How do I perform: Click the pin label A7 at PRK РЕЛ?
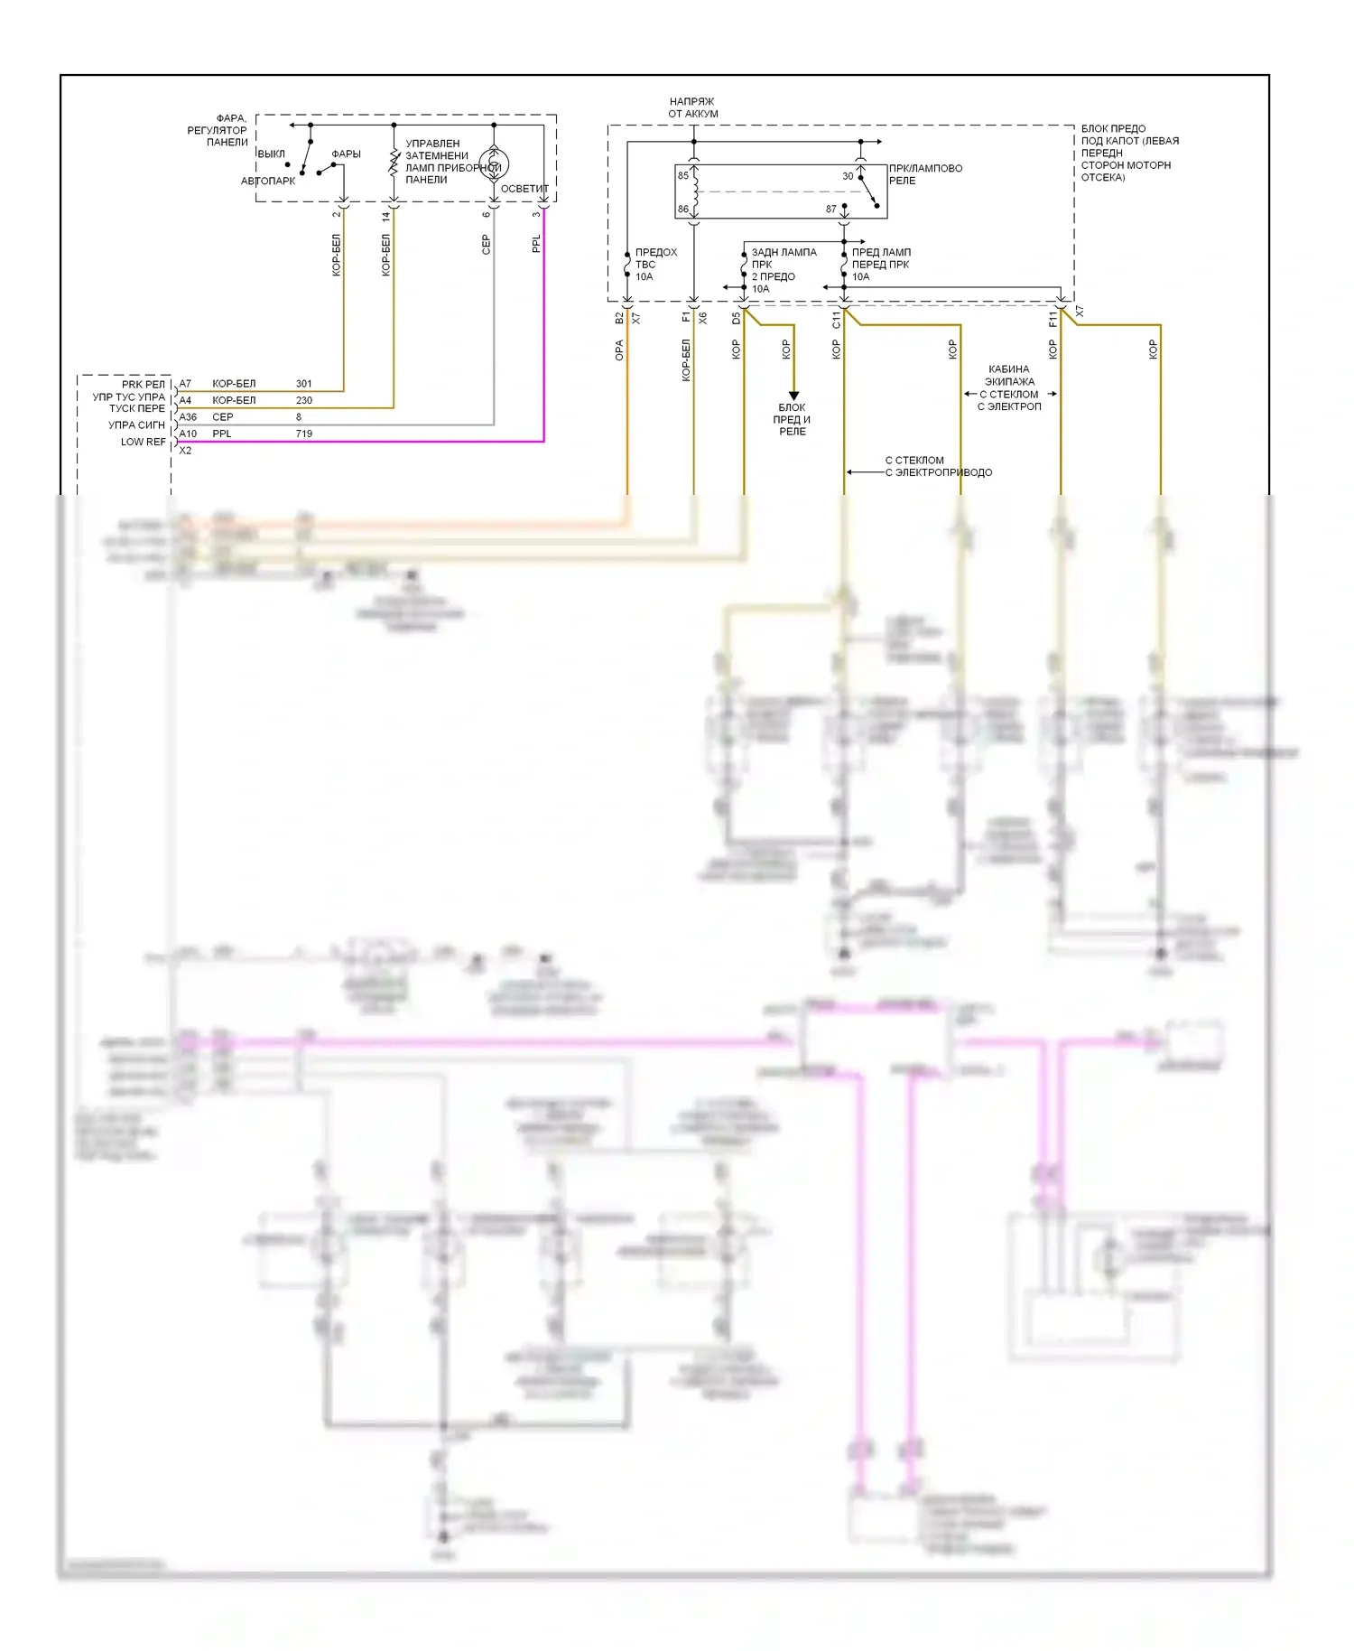[185, 384]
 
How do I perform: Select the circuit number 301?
[303, 384]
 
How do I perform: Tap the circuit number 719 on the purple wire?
[303, 434]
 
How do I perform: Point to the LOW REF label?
[144, 442]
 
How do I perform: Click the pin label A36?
[188, 417]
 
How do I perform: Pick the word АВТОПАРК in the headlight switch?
[268, 181]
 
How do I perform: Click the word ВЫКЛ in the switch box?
[271, 154]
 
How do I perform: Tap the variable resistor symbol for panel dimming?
[394, 163]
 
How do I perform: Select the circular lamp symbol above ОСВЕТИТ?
[494, 163]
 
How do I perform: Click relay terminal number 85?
[683, 175]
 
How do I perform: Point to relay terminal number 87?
[831, 210]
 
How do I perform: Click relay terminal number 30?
[848, 176]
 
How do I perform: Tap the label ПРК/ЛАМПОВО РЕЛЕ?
[925, 174]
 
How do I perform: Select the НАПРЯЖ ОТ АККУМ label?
[693, 107]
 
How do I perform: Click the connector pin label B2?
[619, 318]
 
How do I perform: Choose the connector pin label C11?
[836, 320]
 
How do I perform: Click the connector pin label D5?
[736, 318]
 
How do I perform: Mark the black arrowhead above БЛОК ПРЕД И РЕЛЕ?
[793, 395]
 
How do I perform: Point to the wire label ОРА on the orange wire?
[619, 350]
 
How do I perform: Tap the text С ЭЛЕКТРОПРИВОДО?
[938, 472]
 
